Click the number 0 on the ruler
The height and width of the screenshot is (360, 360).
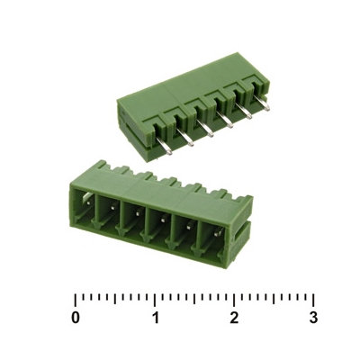click(x=76, y=318)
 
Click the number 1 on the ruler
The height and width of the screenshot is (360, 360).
click(x=155, y=318)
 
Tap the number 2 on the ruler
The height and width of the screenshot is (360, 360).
click(x=234, y=318)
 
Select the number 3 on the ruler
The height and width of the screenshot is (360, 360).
click(x=313, y=318)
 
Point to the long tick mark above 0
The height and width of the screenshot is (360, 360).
click(x=76, y=300)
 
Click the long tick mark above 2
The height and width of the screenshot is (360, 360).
click(x=234, y=300)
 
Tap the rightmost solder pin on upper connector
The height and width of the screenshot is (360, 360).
click(x=263, y=103)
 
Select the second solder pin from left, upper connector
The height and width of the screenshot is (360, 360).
click(x=185, y=138)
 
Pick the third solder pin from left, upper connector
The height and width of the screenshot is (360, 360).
click(x=205, y=129)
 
